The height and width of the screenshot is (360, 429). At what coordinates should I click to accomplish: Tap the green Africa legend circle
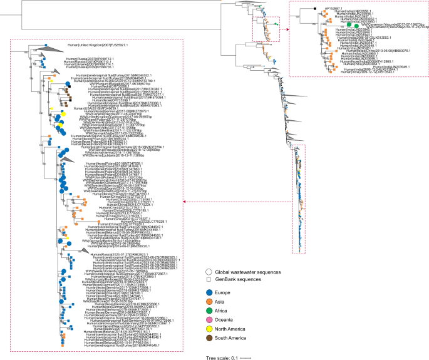(x=209, y=314)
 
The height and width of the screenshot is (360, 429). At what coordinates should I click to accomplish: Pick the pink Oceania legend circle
(x=209, y=325)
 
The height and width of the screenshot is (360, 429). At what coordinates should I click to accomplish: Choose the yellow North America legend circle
(x=209, y=336)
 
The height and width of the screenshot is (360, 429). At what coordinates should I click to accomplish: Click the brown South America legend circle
(x=209, y=346)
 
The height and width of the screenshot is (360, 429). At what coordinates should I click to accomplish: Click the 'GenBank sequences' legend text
(x=238, y=280)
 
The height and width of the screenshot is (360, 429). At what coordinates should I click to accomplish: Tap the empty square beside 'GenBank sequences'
(x=209, y=280)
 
